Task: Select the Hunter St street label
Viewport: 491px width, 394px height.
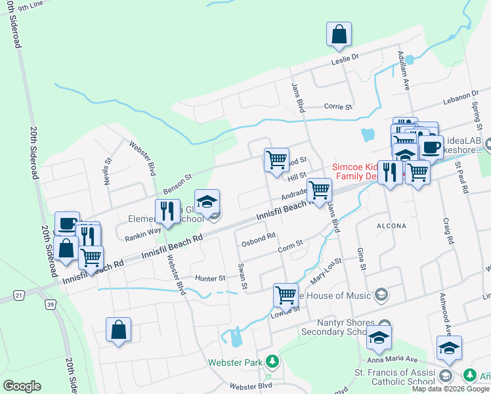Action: point(209,278)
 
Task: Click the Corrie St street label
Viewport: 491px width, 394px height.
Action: point(339,106)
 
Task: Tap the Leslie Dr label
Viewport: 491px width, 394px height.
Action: point(346,58)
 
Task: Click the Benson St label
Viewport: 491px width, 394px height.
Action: point(177,176)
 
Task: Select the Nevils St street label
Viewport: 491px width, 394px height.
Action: point(108,170)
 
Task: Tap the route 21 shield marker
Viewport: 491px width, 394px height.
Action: point(19,296)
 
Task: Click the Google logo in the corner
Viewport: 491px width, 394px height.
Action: point(22,385)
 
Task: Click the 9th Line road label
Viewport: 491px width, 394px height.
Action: point(30,6)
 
